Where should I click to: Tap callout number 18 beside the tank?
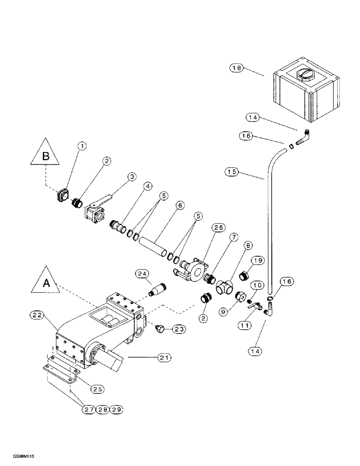coord(237,68)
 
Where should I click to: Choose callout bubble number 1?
coord(82,146)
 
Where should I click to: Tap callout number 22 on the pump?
coord(39,315)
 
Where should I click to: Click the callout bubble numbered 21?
coord(164,357)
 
